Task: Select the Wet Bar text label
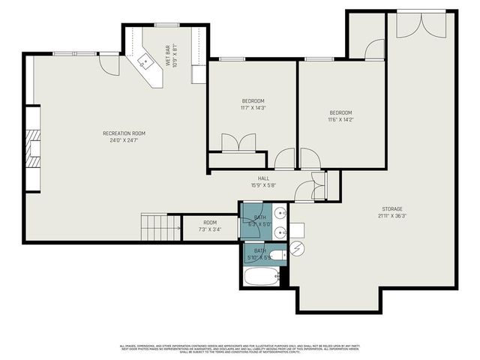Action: point(172,55)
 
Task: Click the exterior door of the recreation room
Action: point(109,64)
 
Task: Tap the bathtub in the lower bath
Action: point(260,277)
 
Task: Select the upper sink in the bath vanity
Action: point(279,212)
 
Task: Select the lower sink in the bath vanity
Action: point(279,231)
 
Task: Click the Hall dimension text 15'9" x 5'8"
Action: point(263,184)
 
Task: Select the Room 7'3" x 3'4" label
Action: point(209,226)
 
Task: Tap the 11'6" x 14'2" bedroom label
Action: point(340,115)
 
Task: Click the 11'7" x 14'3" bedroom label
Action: point(253,104)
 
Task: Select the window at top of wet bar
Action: point(166,25)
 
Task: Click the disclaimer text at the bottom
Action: point(239,348)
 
